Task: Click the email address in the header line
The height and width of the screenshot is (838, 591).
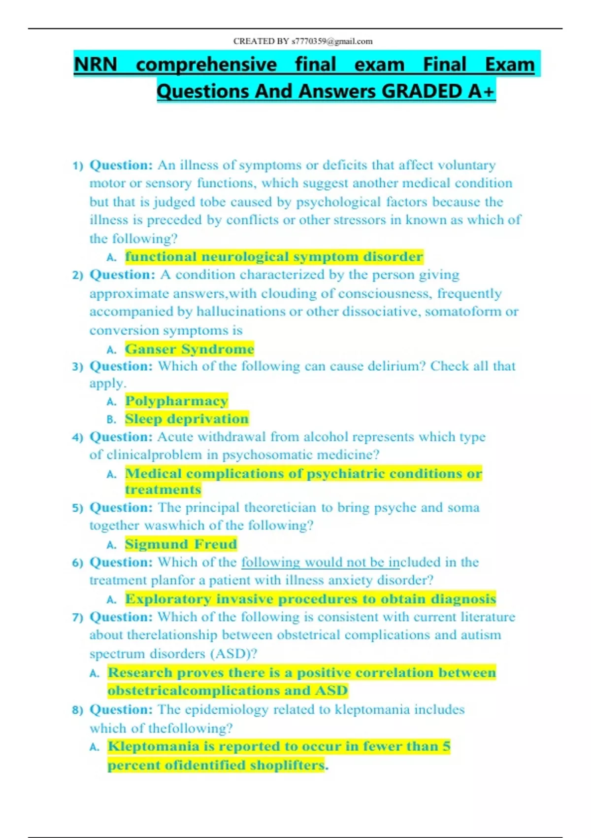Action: [x=332, y=41]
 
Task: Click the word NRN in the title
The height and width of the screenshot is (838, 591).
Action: [x=96, y=65]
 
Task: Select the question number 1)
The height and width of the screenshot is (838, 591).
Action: [x=78, y=166]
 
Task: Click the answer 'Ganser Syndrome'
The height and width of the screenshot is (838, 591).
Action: [x=190, y=349]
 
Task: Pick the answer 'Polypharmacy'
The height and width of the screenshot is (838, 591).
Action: [x=176, y=401]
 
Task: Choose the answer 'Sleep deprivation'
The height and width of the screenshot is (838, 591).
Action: [x=187, y=419]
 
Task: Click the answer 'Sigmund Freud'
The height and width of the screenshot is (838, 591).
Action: [x=181, y=544]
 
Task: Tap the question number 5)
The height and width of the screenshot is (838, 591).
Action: [x=78, y=508]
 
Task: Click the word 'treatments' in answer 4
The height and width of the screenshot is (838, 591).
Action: [x=163, y=489]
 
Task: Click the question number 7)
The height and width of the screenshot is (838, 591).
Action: [x=78, y=618]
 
